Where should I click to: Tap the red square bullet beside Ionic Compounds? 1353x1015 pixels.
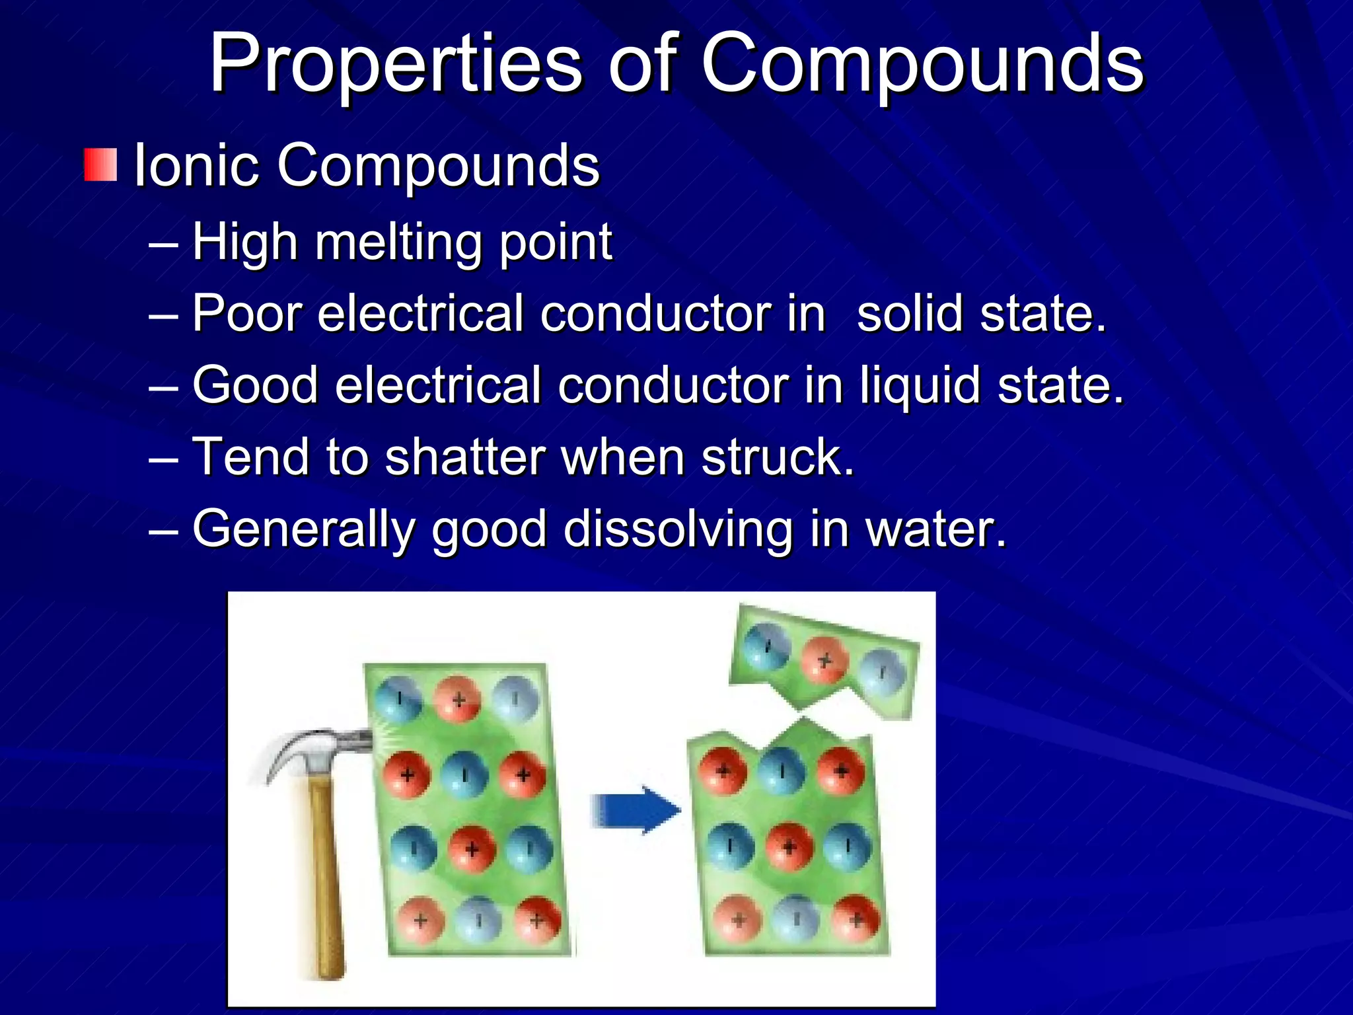tap(100, 165)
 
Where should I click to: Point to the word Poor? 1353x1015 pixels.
tap(248, 313)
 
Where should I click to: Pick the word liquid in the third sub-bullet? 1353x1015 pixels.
tap(920, 386)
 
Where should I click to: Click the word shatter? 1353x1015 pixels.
tap(464, 457)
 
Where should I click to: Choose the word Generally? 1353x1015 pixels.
tap(303, 530)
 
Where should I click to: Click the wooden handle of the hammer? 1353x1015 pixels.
tap(327, 879)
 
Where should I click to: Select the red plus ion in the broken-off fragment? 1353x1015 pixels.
tap(824, 659)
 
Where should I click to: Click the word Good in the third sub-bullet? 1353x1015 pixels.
tap(255, 385)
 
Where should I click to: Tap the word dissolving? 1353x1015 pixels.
tap(678, 530)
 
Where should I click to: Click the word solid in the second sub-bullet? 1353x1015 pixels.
tap(910, 313)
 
